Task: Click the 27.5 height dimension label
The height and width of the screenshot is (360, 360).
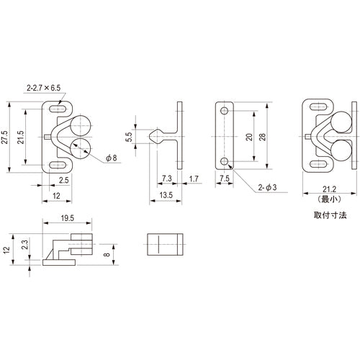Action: click(5, 138)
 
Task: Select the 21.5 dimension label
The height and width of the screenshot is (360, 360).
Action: click(21, 138)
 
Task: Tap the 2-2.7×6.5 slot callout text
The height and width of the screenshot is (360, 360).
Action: click(44, 88)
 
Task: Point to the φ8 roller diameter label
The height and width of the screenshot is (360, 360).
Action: click(112, 158)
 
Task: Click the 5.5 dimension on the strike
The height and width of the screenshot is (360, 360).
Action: click(129, 137)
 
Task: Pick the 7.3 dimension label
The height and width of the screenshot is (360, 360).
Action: click(167, 179)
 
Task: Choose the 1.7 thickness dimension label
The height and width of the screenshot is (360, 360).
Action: click(194, 179)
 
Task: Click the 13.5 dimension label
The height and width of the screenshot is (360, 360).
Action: click(166, 195)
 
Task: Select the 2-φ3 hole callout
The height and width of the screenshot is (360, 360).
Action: click(267, 187)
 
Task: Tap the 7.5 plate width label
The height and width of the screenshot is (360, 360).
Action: click(225, 179)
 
